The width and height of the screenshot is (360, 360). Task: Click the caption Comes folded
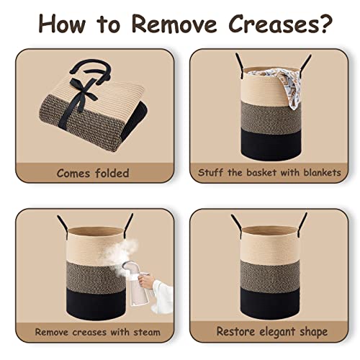(x=93, y=173)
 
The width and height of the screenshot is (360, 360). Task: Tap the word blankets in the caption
(x=322, y=172)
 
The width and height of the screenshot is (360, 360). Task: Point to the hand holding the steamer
(x=146, y=280)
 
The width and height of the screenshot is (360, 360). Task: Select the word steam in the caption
(x=147, y=332)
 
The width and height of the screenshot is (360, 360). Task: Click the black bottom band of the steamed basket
(x=96, y=304)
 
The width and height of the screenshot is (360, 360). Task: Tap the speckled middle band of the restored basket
(x=270, y=276)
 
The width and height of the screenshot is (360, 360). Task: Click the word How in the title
(x=62, y=24)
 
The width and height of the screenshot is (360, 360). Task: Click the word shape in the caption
(x=314, y=333)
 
